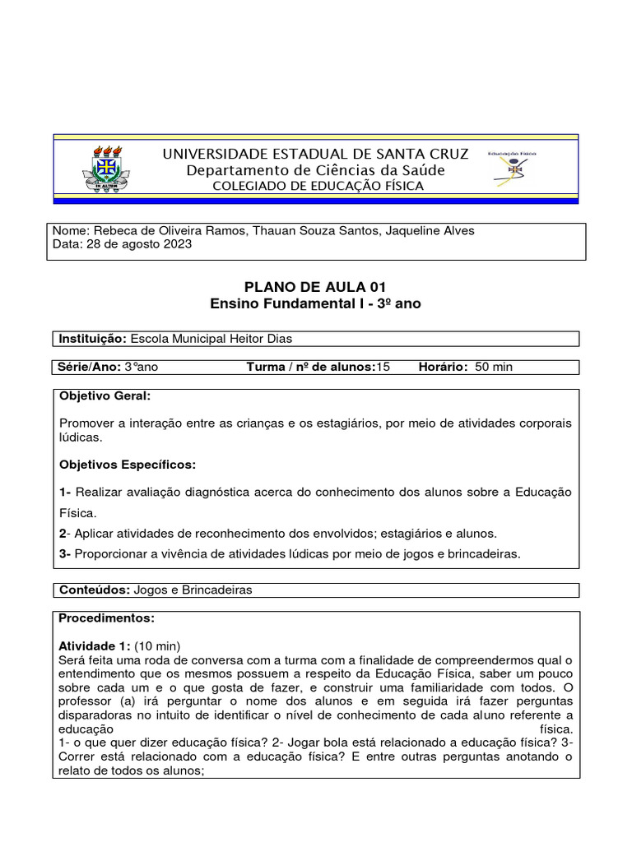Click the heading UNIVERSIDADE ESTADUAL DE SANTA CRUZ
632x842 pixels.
(x=315, y=154)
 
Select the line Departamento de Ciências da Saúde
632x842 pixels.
(x=315, y=170)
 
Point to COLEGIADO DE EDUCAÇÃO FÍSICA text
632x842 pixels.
(x=318, y=186)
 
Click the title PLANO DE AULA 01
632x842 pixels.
(x=315, y=286)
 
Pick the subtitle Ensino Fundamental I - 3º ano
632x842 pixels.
(x=315, y=303)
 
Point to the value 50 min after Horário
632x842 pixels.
(x=494, y=367)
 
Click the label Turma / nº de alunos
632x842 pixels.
(x=310, y=367)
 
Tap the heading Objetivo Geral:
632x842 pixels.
(x=105, y=396)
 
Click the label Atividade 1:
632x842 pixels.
(x=95, y=645)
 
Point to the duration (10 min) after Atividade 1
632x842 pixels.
(x=157, y=645)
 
